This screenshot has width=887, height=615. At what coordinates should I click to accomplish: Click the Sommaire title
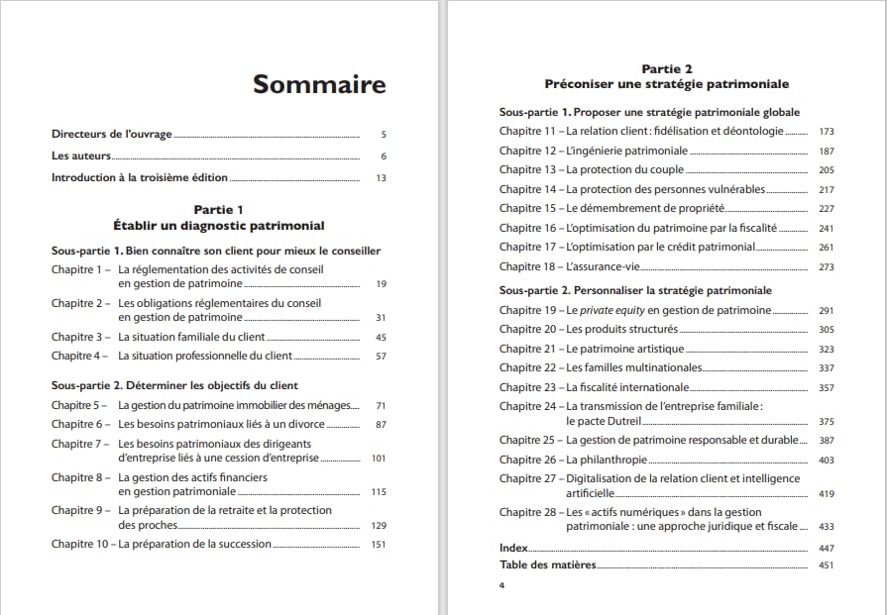pyautogui.click(x=319, y=84)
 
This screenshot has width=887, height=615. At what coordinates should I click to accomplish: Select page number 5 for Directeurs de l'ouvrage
pyautogui.click(x=383, y=134)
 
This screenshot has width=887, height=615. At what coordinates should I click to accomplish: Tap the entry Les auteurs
pyautogui.click(x=79, y=155)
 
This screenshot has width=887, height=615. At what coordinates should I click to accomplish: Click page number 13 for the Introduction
pyautogui.click(x=381, y=178)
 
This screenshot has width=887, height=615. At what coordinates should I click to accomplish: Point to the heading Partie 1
pyautogui.click(x=218, y=210)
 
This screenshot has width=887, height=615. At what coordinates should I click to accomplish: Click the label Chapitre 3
pyautogui.click(x=78, y=337)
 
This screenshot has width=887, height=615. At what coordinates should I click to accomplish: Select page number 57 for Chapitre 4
pyautogui.click(x=381, y=357)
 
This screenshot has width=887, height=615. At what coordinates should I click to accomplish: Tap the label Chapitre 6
pyautogui.click(x=78, y=424)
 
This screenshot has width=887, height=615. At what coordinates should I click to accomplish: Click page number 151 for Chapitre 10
pyautogui.click(x=378, y=545)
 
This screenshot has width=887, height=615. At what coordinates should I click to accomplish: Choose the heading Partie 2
pyautogui.click(x=667, y=69)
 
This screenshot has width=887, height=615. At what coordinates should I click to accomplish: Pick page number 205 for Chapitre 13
pyautogui.click(x=827, y=170)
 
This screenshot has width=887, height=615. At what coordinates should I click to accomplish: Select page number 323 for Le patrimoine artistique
pyautogui.click(x=827, y=350)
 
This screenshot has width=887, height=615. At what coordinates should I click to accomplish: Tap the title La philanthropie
pyautogui.click(x=607, y=460)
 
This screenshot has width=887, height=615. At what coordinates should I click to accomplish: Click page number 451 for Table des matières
pyautogui.click(x=827, y=566)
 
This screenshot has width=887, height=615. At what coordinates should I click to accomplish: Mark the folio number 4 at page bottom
pyautogui.click(x=501, y=585)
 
